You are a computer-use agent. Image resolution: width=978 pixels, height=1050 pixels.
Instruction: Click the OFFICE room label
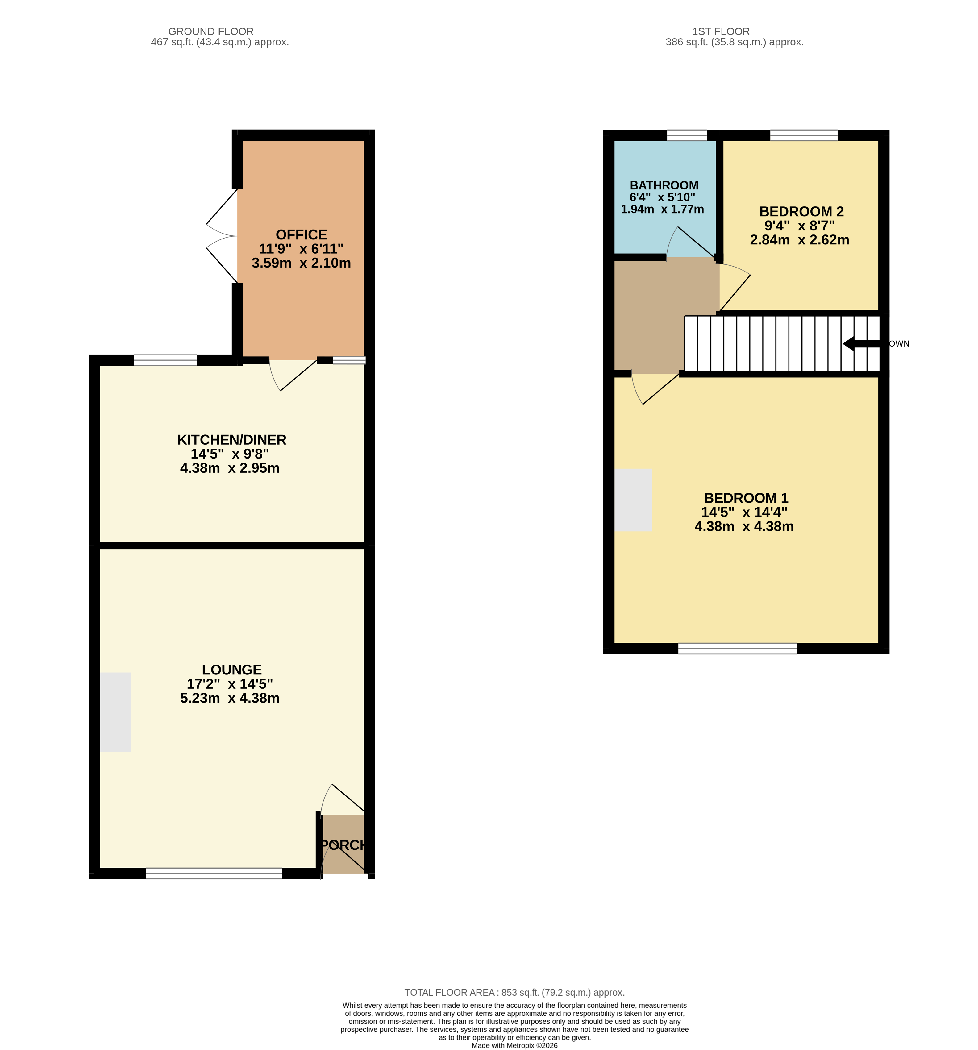pos(301,234)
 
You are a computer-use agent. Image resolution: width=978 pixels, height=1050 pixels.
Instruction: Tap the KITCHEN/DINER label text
pos(231,439)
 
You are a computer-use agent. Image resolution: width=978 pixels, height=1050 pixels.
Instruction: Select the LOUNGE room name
pos(231,670)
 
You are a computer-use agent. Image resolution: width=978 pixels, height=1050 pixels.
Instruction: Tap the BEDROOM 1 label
pos(746,498)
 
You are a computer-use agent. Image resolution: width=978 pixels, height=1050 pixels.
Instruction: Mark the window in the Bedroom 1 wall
pos(737,649)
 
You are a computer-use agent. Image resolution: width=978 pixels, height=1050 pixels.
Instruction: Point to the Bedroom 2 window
pos(804,135)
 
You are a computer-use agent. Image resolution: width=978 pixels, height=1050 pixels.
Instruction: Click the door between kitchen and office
pos(293,375)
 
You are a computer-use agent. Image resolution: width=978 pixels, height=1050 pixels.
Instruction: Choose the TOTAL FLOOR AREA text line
pos(515,992)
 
